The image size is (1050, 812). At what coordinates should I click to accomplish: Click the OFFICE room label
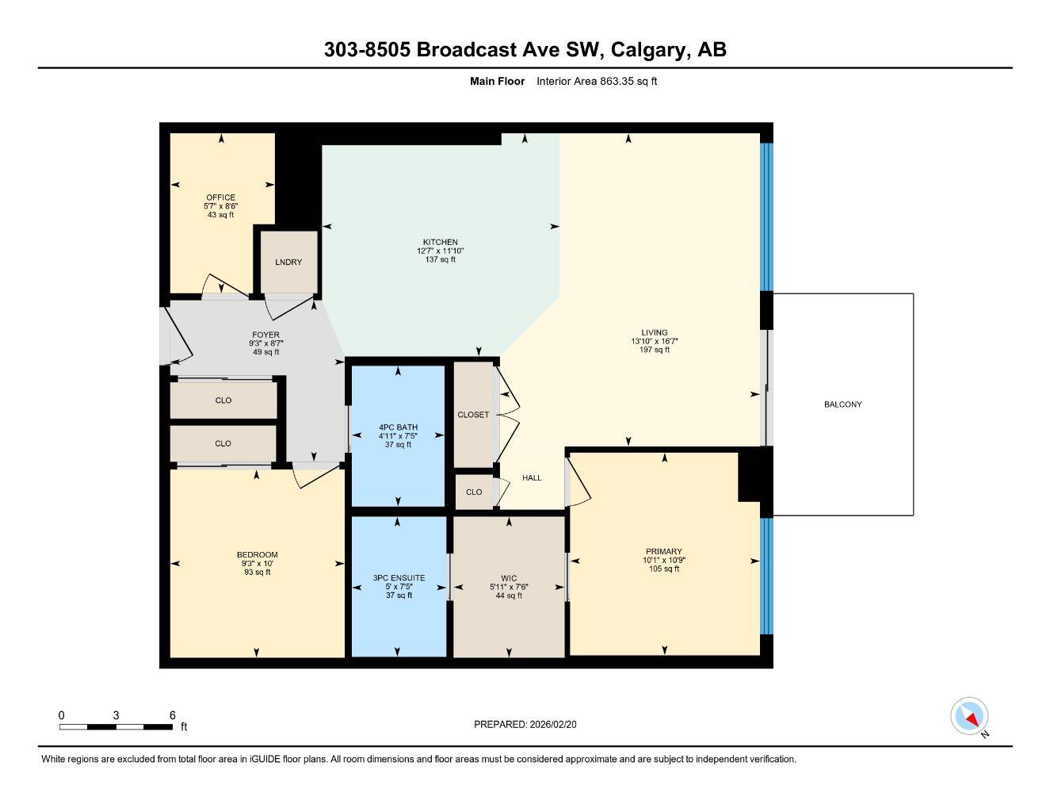(220, 197)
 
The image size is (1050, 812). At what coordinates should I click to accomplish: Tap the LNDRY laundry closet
(288, 262)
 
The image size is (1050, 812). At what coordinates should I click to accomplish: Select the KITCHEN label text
(440, 242)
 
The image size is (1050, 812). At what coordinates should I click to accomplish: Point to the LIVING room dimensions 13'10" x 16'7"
(655, 341)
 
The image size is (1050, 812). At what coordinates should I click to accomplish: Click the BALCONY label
(842, 404)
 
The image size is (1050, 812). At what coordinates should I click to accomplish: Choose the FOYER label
(265, 335)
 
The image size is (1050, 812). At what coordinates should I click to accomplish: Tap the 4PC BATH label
(398, 427)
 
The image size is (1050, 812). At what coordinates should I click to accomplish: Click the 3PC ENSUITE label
(399, 578)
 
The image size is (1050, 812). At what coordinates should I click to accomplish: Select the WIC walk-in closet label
(509, 578)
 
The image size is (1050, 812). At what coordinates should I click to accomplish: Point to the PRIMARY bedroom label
(663, 551)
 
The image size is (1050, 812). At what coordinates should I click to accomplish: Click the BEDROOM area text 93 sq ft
(258, 572)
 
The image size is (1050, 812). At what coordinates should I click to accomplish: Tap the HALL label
(532, 477)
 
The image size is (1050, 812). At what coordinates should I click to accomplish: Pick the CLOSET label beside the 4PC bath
(473, 415)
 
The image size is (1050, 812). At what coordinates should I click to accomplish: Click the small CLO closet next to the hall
(474, 492)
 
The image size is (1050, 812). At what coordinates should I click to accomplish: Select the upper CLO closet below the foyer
(223, 400)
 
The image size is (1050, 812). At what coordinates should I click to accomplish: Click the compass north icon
(969, 717)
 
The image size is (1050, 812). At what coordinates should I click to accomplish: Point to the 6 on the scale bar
(172, 715)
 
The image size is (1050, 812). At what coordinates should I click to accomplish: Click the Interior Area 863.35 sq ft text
(597, 81)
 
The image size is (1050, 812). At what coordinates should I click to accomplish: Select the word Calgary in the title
(647, 50)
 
